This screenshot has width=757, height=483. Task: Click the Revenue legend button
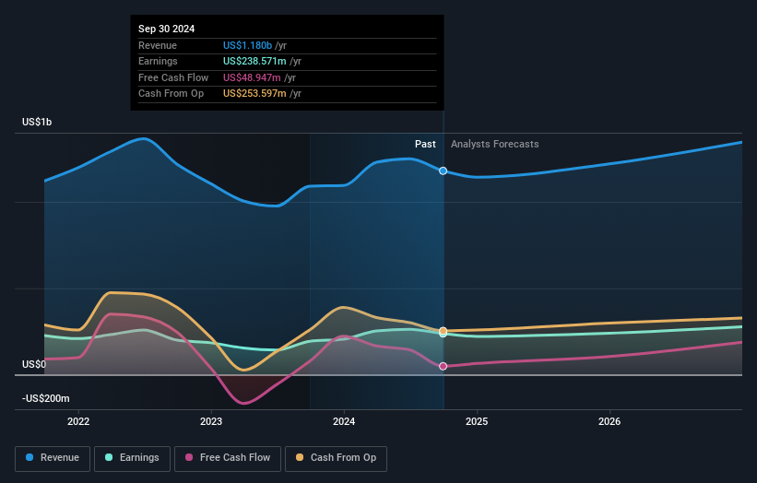(53, 458)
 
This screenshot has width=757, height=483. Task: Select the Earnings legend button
(131, 458)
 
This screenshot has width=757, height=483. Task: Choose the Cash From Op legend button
(337, 458)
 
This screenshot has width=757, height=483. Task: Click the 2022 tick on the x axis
(78, 422)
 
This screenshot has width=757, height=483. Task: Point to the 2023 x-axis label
(211, 422)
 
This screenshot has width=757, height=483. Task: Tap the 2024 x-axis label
(344, 422)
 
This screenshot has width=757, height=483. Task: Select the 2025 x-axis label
(477, 422)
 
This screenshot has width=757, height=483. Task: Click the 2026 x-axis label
(609, 422)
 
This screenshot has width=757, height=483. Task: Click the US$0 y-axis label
(34, 365)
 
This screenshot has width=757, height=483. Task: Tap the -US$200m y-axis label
(46, 398)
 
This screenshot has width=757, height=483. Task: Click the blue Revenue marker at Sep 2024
(444, 171)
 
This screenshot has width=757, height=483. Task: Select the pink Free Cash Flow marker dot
(444, 366)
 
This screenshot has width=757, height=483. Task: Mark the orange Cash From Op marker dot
(444, 330)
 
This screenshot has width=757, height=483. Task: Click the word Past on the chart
(425, 144)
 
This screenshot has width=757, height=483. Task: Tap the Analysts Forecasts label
(494, 144)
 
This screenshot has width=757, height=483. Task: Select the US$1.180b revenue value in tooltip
(247, 45)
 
